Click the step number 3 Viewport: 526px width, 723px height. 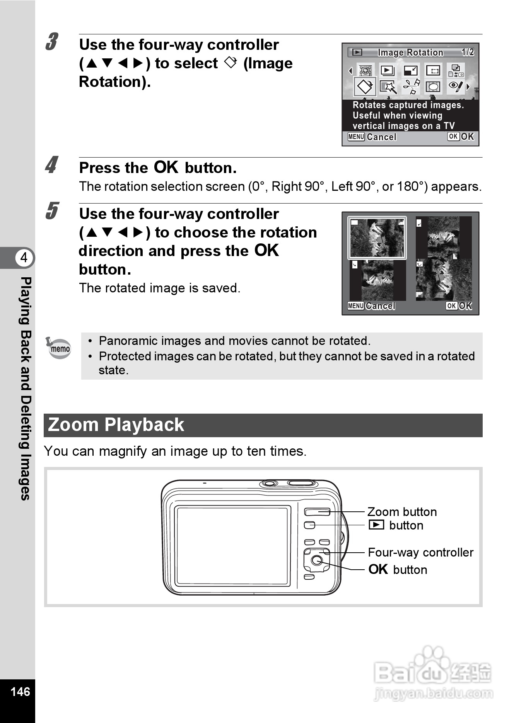pyautogui.click(x=52, y=42)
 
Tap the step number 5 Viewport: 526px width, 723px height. pyautogui.click(x=52, y=211)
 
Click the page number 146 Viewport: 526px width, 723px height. pyautogui.click(x=20, y=691)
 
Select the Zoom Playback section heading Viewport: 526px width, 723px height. pyautogui.click(x=116, y=425)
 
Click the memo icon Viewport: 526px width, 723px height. pyautogui.click(x=58, y=348)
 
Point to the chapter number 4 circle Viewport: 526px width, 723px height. pyautogui.click(x=24, y=257)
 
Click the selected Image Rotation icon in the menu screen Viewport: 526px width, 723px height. pyautogui.click(x=365, y=86)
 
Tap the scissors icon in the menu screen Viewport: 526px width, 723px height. pyautogui.click(x=411, y=86)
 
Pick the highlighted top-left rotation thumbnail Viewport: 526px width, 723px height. pyautogui.click(x=377, y=238)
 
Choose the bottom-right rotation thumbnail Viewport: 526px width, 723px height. pyautogui.click(x=444, y=280)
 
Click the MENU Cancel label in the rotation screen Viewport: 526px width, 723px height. pyautogui.click(x=371, y=306)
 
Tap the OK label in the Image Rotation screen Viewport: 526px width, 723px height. pyautogui.click(x=460, y=136)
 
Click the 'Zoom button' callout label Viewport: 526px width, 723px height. pyautogui.click(x=402, y=512)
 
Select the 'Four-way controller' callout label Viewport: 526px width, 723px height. pyautogui.click(x=420, y=552)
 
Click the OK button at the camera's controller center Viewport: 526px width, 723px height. pyautogui.click(x=317, y=560)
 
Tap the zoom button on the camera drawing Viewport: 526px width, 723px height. pyautogui.click(x=317, y=512)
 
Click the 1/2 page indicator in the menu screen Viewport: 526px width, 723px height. pyautogui.click(x=468, y=52)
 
